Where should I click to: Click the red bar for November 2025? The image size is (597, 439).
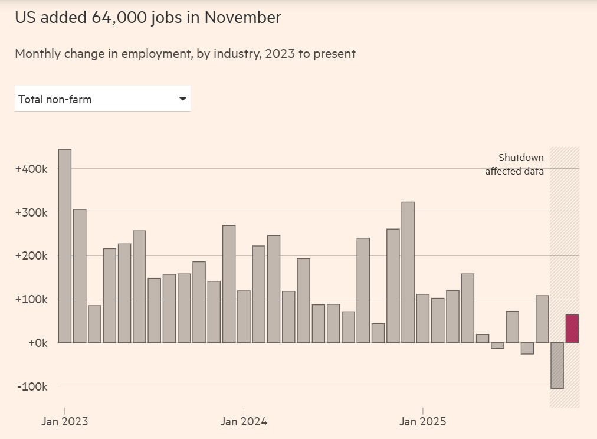pyautogui.click(x=572, y=329)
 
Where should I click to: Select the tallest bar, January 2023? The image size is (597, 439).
pyautogui.click(x=65, y=245)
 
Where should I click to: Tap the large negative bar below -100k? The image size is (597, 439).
pyautogui.click(x=557, y=365)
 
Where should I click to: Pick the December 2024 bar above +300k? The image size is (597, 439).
pyautogui.click(x=408, y=272)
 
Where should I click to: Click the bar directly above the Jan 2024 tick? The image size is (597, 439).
pyautogui.click(x=244, y=316)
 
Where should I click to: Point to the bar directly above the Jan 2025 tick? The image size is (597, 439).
pyautogui.click(x=423, y=318)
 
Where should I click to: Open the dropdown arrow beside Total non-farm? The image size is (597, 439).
pyautogui.click(x=182, y=99)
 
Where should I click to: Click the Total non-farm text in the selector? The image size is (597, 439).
pyautogui.click(x=55, y=100)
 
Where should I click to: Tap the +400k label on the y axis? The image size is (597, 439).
pyautogui.click(x=31, y=169)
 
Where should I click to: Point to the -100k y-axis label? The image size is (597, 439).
pyautogui.click(x=32, y=386)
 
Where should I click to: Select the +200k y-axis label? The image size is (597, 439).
pyautogui.click(x=31, y=256)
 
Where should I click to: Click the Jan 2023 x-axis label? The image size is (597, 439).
pyautogui.click(x=65, y=422)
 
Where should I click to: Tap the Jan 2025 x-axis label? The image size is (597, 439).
pyautogui.click(x=423, y=422)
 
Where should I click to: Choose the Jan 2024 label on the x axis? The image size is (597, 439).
pyautogui.click(x=244, y=422)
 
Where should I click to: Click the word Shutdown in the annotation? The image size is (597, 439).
pyautogui.click(x=521, y=158)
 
